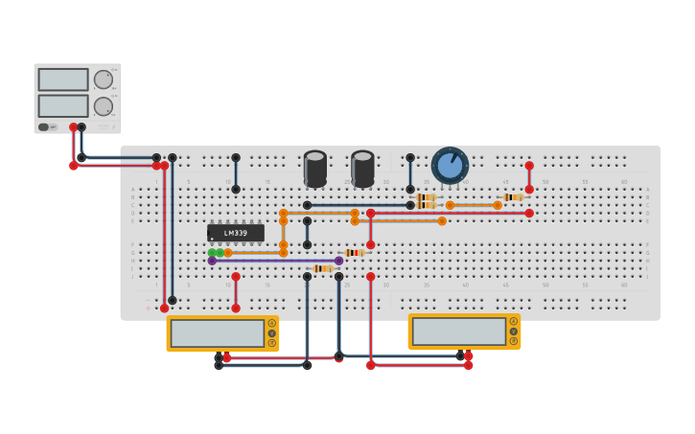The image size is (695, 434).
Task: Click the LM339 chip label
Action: point(235,233)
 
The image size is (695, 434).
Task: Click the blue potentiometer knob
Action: point(450,165)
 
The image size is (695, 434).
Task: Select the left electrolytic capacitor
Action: point(315,168)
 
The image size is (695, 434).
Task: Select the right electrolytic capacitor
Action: point(362,168)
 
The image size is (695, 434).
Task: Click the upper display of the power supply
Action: point(63,80)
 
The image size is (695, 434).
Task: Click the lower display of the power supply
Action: point(63,105)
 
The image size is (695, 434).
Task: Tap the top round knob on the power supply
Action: point(103,80)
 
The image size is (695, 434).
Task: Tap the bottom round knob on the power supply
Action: point(103,106)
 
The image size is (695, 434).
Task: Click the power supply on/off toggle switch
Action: point(43,126)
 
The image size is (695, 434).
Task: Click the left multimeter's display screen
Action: point(218,333)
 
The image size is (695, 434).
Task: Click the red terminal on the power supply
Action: point(73,127)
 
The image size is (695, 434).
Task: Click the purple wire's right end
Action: point(338,261)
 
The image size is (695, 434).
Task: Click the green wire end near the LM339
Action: point(212,253)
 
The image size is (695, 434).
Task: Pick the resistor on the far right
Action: point(513,197)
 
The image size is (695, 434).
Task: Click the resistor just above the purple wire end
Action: point(354,253)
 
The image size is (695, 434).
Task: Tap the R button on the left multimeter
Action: point(272,343)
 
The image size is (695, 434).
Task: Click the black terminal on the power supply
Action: point(81,127)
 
